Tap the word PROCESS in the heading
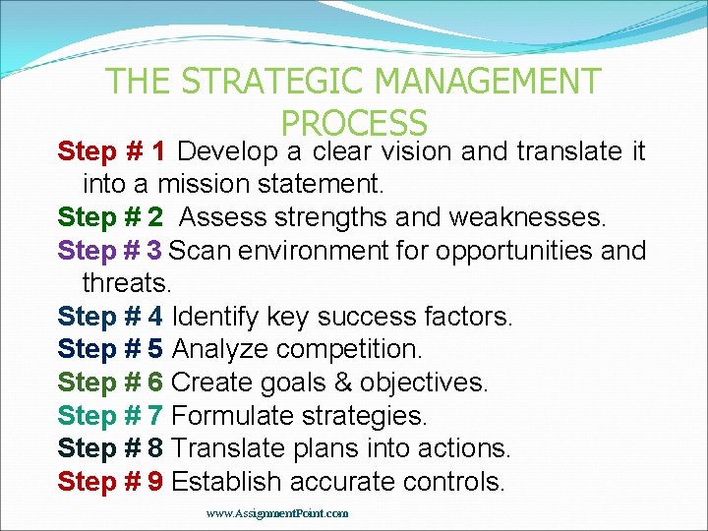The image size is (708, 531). [x=354, y=123]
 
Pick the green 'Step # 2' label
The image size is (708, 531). [x=110, y=216]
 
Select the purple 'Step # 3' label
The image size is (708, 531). [x=110, y=250]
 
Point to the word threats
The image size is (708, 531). [x=127, y=283]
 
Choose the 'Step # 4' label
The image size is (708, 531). [x=110, y=317]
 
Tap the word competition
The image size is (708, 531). [x=349, y=349]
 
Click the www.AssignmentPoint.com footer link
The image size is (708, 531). [x=277, y=513]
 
